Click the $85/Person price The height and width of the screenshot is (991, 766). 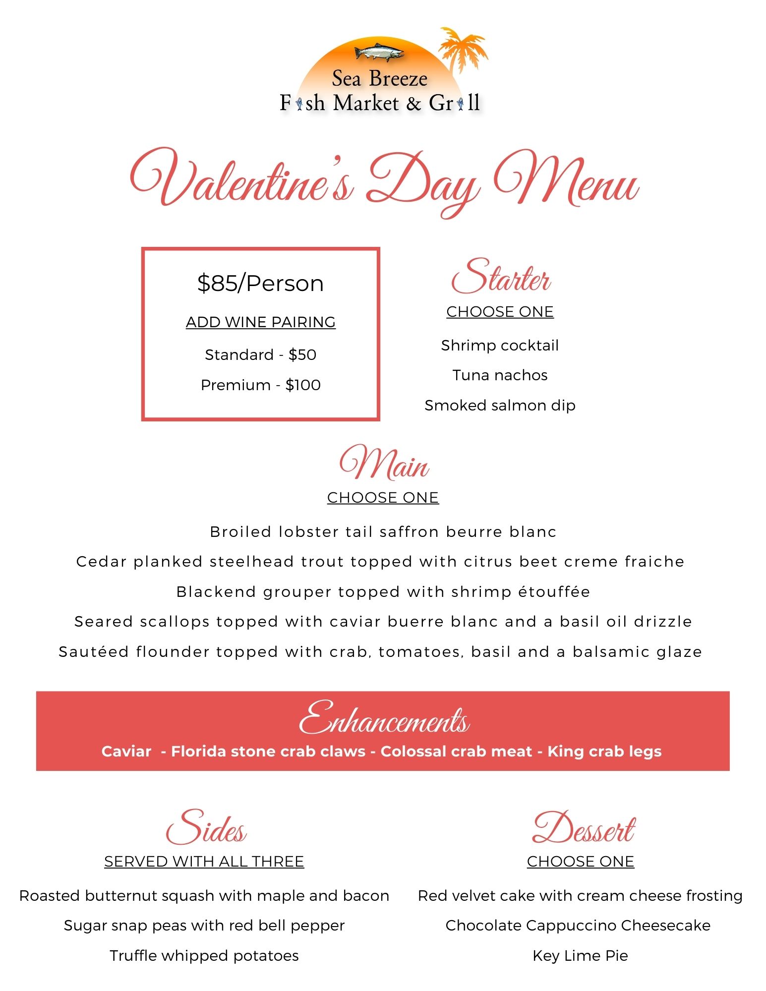(260, 284)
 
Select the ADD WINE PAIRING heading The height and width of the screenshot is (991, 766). (260, 322)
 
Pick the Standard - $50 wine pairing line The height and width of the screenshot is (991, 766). (260, 355)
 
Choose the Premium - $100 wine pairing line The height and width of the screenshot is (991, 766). (260, 385)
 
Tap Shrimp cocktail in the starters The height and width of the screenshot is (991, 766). (500, 346)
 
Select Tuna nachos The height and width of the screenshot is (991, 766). (500, 375)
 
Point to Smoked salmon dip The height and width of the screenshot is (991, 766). (500, 406)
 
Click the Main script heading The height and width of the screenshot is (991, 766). (384, 464)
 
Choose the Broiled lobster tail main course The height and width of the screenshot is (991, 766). (383, 532)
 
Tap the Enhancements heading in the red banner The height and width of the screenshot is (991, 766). (384, 719)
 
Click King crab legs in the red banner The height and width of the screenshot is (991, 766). (604, 752)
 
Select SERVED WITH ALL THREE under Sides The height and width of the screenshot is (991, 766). (204, 862)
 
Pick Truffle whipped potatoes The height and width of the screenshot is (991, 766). (204, 956)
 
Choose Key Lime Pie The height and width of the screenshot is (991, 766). (580, 956)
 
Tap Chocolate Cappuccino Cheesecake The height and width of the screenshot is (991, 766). (578, 926)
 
